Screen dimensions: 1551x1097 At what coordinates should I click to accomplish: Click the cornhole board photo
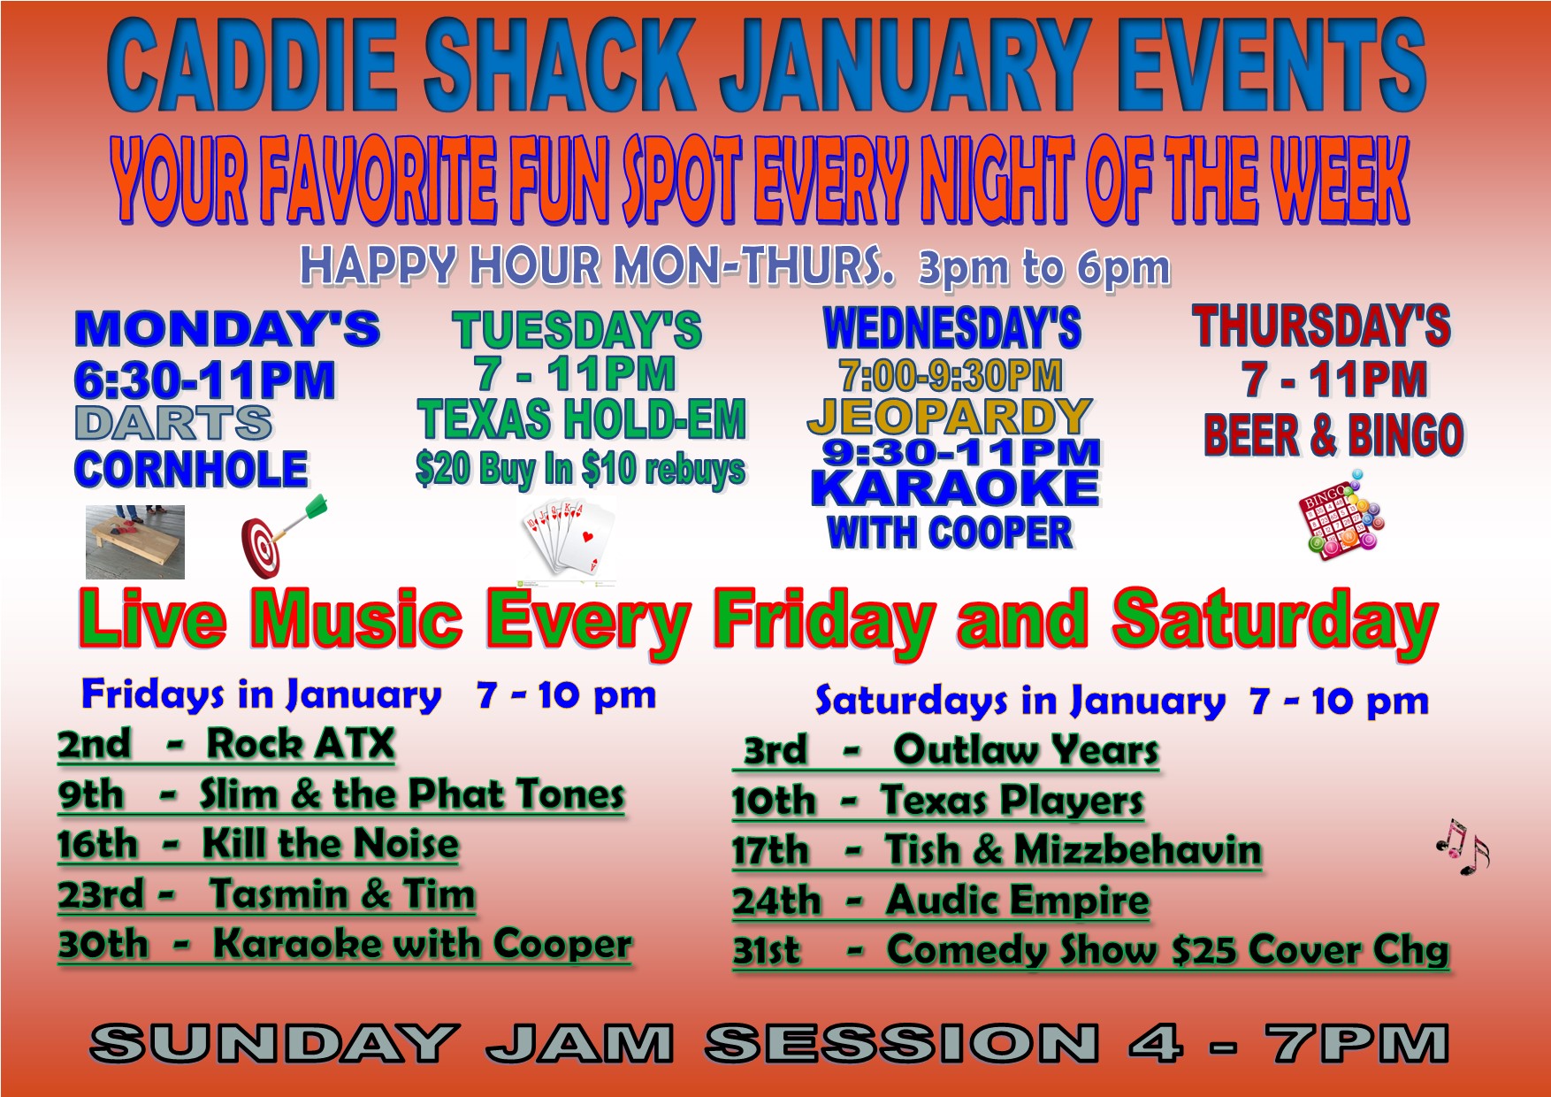point(135,541)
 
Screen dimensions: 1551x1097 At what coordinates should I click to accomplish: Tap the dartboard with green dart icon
point(283,535)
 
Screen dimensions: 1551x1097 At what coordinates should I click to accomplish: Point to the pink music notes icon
point(1463,846)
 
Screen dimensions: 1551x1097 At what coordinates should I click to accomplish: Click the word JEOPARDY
point(950,416)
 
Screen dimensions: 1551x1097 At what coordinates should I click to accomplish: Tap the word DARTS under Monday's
point(174,423)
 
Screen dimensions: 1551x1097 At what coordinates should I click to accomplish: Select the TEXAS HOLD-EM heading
point(582,419)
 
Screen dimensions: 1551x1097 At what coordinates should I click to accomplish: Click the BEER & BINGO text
point(1333,435)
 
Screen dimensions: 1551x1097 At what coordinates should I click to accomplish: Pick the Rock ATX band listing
point(300,744)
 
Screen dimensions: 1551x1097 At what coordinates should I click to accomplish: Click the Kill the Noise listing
point(331,843)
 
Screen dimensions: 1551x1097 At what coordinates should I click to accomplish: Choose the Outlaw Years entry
point(1026,750)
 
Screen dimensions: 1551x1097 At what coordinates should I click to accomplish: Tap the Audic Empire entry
point(1018,901)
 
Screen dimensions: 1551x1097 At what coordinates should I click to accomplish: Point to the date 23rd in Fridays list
point(100,894)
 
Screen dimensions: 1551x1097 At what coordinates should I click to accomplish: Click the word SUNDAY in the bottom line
point(274,1043)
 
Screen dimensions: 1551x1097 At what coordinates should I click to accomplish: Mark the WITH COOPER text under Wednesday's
point(950,533)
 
